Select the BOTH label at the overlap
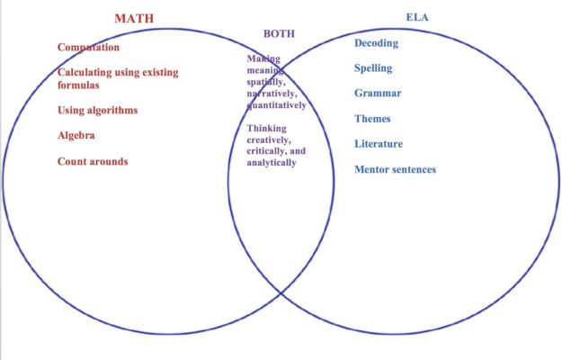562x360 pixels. point(279,33)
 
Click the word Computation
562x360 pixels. point(88,47)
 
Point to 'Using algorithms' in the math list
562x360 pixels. point(98,111)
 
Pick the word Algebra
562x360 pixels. point(76,136)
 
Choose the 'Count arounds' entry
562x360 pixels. point(93,162)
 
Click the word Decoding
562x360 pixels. point(376,43)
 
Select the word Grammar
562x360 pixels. point(378,93)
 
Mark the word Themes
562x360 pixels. point(373,118)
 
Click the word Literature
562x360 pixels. point(379,144)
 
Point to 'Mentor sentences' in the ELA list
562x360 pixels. point(395,169)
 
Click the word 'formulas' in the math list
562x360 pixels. point(78,85)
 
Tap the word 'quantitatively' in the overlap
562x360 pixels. point(276,105)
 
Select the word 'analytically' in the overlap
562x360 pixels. point(271,163)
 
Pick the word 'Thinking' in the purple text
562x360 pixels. point(267,129)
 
